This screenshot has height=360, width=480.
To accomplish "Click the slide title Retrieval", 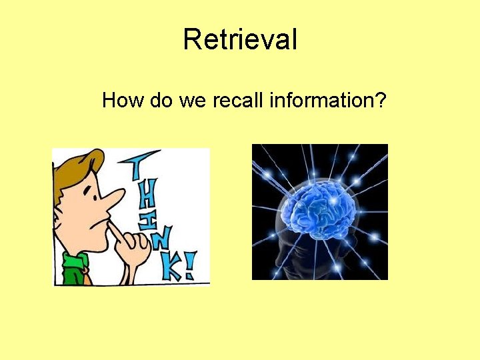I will [x=240, y=39].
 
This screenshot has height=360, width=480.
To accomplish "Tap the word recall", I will [x=239, y=101].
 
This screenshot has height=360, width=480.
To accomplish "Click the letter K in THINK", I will [x=171, y=267].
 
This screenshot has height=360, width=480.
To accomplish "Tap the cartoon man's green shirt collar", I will [x=73, y=267].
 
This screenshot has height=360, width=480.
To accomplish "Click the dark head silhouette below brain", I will [x=313, y=257].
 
